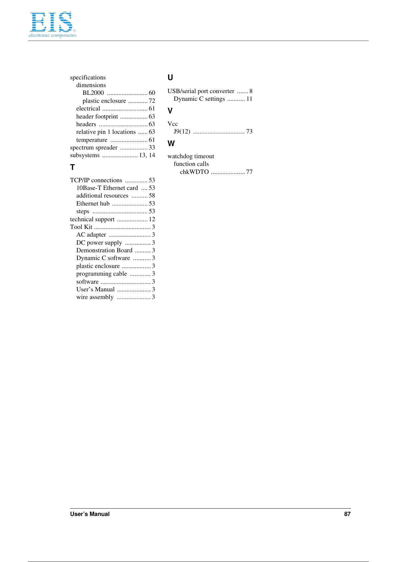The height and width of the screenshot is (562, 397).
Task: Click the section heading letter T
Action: (x=72, y=167)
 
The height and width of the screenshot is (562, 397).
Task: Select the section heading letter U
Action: (x=170, y=78)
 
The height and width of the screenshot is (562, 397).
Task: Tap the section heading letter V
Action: (x=170, y=111)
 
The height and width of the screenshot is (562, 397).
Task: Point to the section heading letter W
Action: (x=171, y=144)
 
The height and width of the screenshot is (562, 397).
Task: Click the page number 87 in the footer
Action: (x=347, y=514)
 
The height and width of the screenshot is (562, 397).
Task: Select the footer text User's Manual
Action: (x=90, y=514)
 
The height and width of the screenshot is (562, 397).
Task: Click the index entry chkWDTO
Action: (x=194, y=172)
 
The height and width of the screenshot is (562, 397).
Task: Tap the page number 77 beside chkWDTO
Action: (x=249, y=172)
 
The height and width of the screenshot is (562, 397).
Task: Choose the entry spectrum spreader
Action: (x=94, y=148)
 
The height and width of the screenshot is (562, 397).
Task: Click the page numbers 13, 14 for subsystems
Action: (x=147, y=155)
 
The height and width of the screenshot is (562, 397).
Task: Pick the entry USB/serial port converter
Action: (x=201, y=91)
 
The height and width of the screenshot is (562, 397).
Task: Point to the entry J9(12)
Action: (x=182, y=131)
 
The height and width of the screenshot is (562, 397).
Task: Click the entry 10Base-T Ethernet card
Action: (x=107, y=188)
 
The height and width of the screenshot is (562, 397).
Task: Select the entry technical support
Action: (x=92, y=219)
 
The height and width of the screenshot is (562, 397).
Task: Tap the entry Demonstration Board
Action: (x=104, y=250)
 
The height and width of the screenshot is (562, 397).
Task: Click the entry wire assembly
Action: (x=95, y=297)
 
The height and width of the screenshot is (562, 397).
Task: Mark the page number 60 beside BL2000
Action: (x=152, y=93)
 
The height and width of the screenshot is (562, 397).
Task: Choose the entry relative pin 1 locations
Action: (x=106, y=132)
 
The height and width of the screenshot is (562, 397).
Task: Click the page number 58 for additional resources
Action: (x=152, y=196)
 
